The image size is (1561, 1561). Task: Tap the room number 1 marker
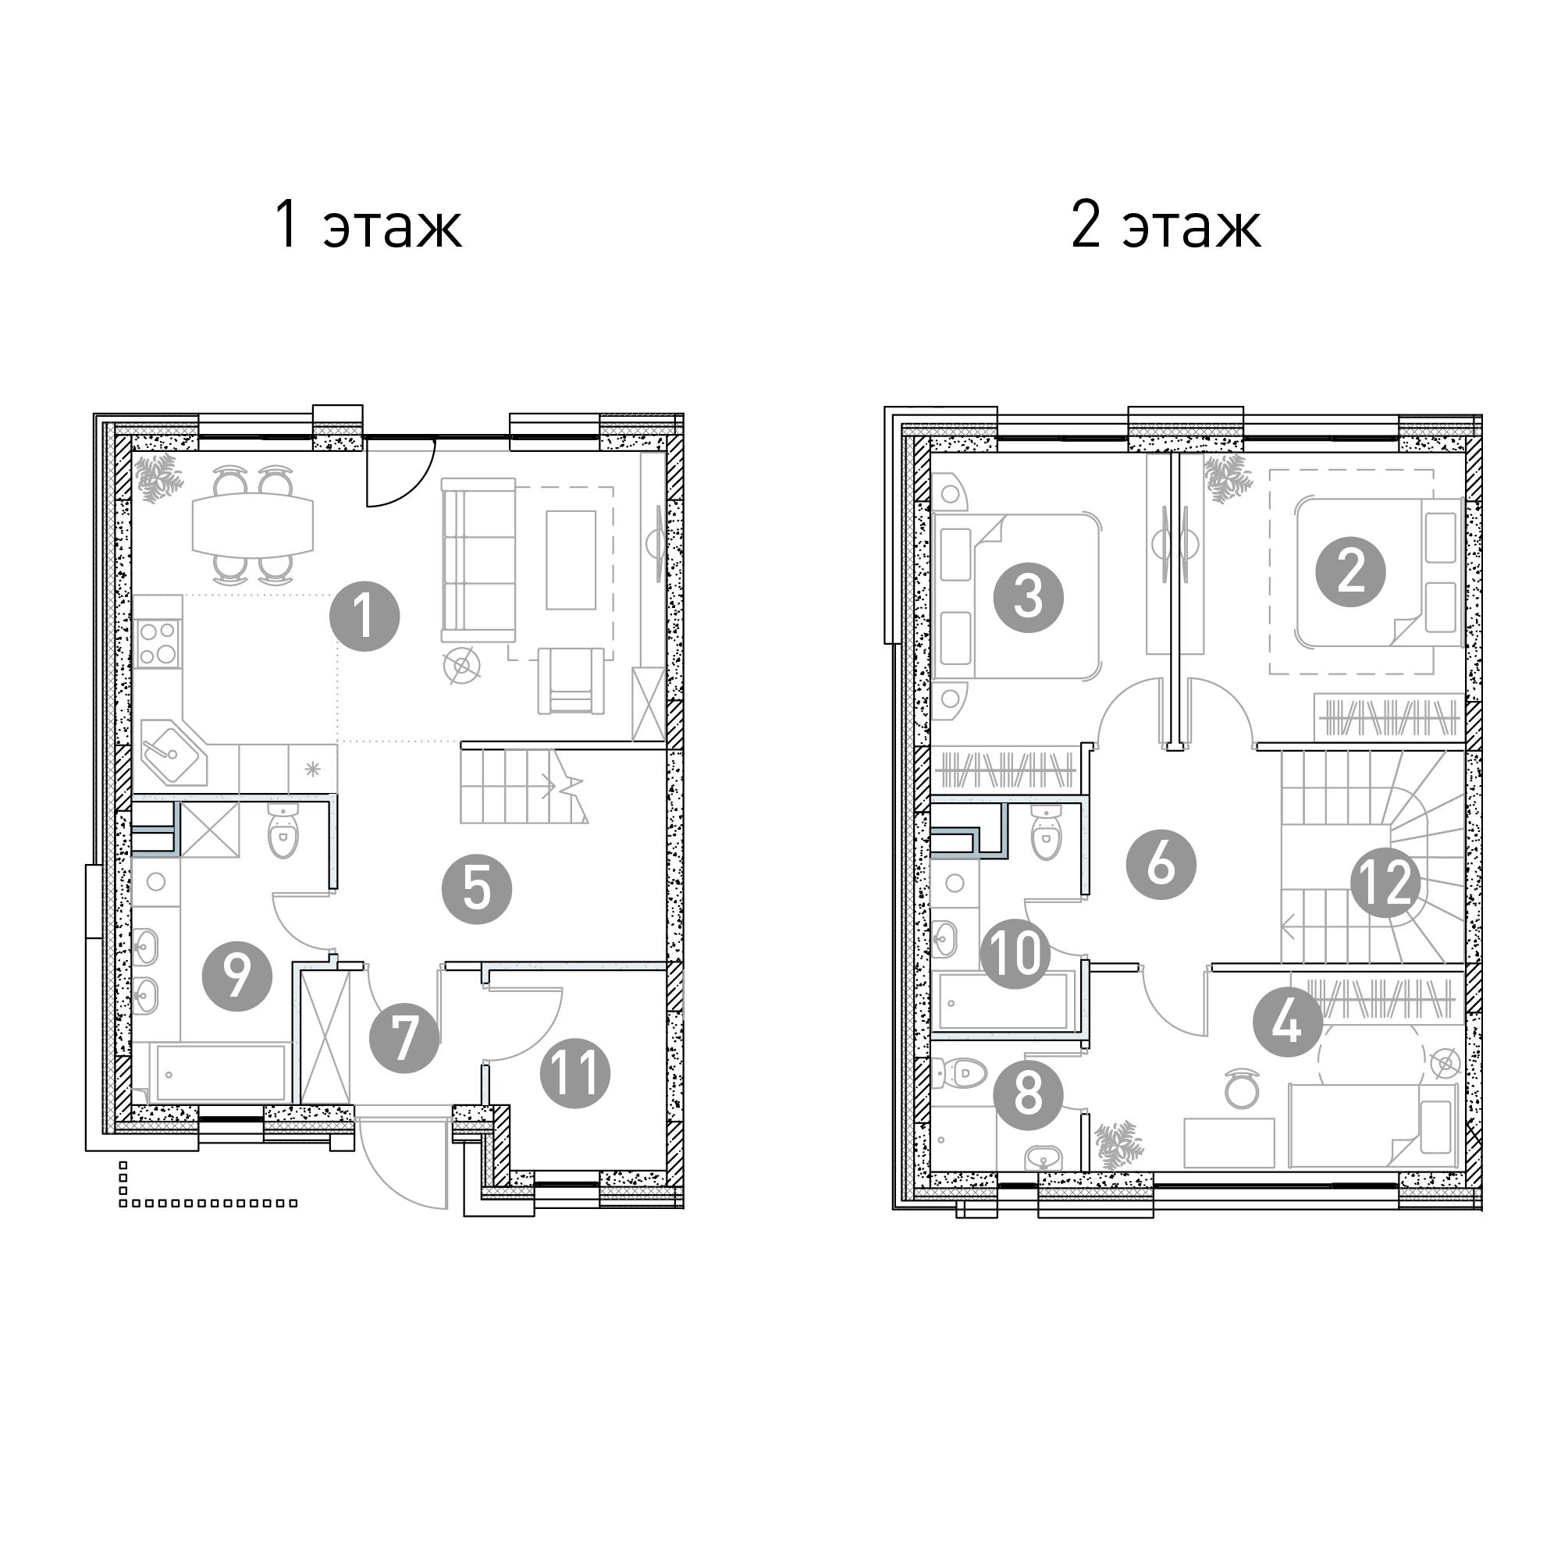click(364, 617)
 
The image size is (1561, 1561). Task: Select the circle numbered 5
click(477, 890)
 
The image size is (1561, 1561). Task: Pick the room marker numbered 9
click(236, 976)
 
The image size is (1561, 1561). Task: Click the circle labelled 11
click(575, 1073)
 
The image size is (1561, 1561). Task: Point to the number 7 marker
click(404, 1037)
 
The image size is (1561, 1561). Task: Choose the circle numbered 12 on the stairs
click(1385, 881)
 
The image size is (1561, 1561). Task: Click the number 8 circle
click(1028, 1096)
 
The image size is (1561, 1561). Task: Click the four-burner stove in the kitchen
click(158, 643)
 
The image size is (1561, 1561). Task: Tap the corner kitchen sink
click(171, 751)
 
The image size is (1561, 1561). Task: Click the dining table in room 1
click(253, 524)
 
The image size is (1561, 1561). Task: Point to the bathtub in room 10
click(1002, 1003)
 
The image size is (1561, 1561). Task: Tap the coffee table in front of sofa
click(571, 560)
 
